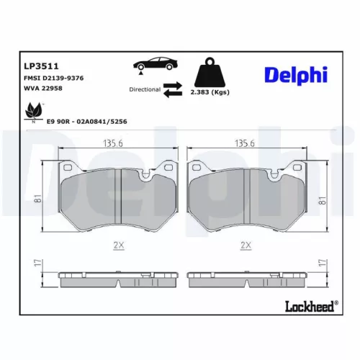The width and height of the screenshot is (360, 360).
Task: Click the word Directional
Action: pos(145,90)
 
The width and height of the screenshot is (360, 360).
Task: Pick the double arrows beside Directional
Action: pos(174,89)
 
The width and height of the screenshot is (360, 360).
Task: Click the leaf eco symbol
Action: pos(32,112)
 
